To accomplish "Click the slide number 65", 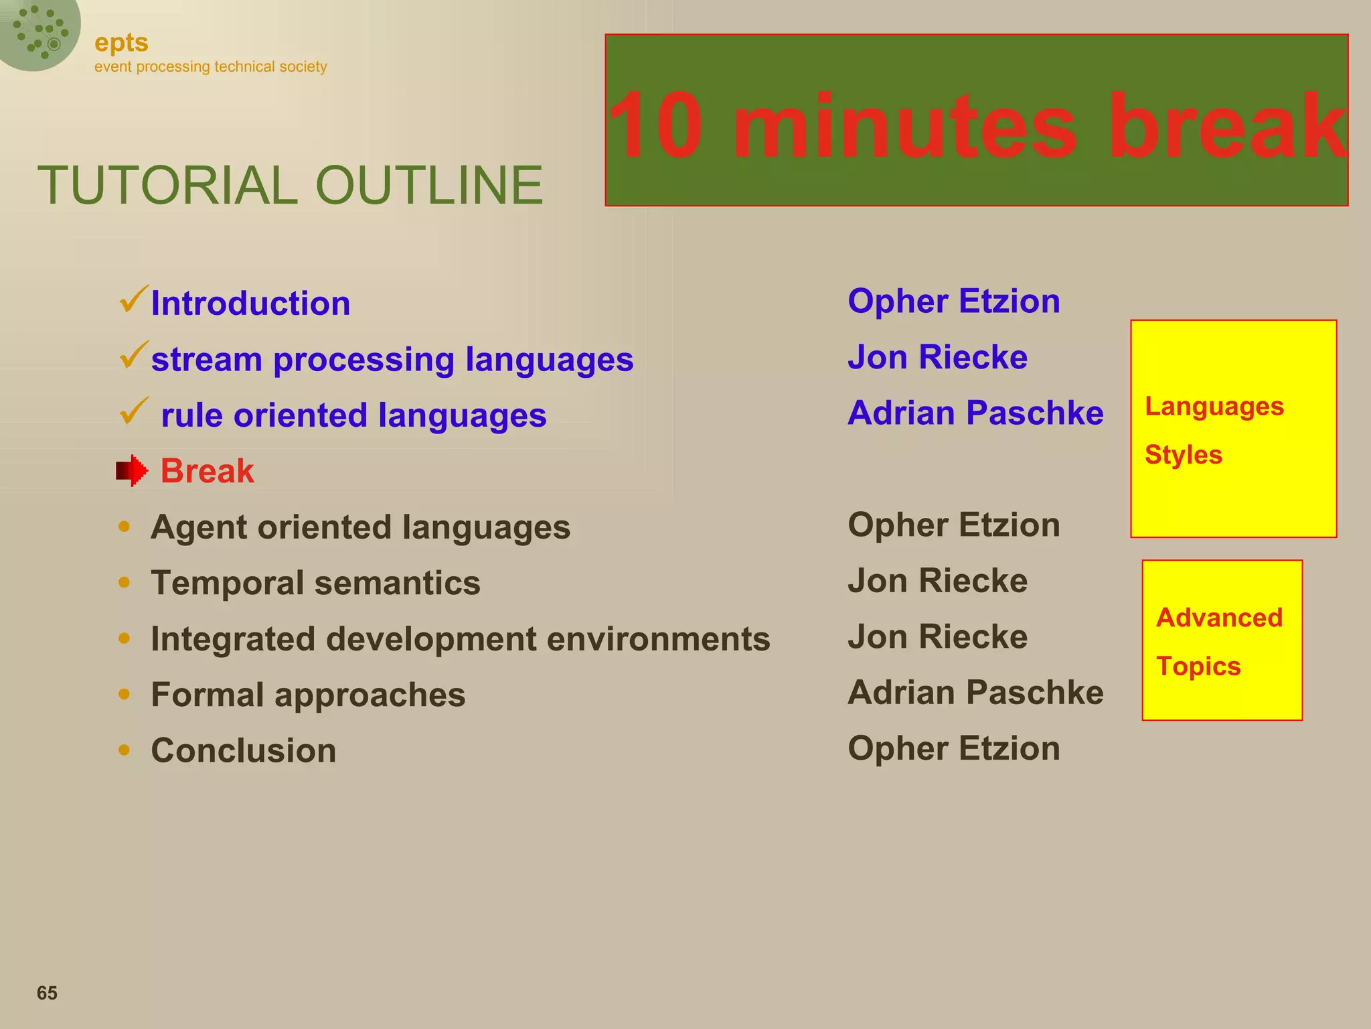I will [x=47, y=993].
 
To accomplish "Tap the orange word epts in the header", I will [x=121, y=43].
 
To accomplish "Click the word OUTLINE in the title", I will [x=428, y=186].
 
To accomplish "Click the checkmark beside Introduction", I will [x=133, y=299].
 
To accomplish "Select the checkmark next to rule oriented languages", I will [x=133, y=411].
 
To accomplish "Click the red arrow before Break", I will [x=131, y=471].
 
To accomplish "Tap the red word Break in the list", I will [x=207, y=471].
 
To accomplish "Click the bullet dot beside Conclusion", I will [x=124, y=750].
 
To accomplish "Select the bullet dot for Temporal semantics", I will [x=124, y=582].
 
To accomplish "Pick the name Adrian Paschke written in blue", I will [x=975, y=413].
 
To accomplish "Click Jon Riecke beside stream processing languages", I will [x=937, y=357].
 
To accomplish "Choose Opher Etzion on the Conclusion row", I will [x=953, y=748].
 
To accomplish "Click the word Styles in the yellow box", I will [x=1183, y=455].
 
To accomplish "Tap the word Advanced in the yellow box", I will [x=1219, y=618].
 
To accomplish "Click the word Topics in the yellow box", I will [x=1198, y=667].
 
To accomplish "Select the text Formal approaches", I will [x=308, y=695].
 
